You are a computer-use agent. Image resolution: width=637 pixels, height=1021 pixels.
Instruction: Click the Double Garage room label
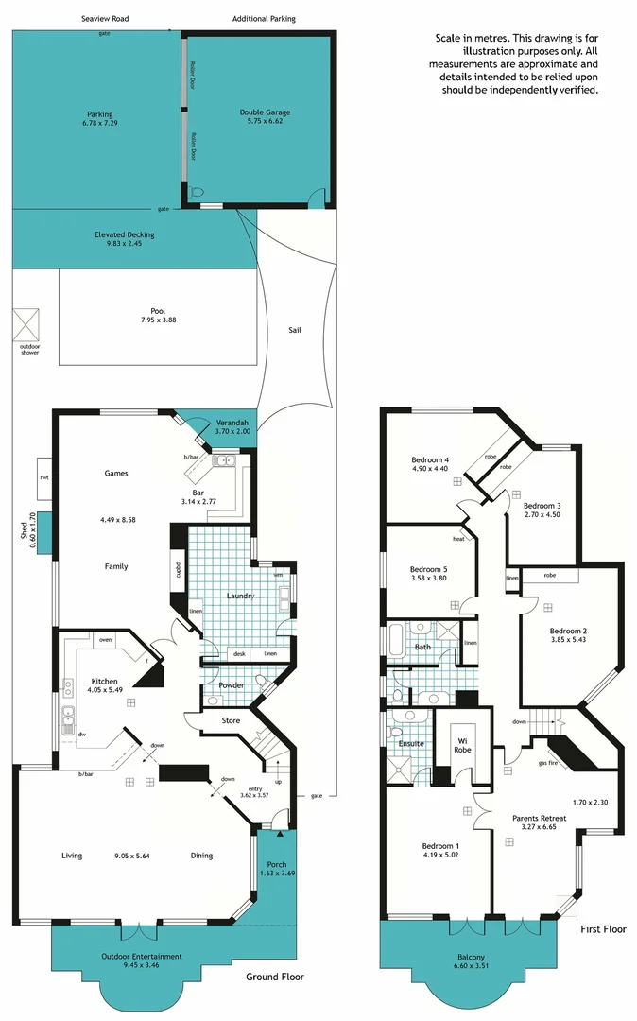coord(261,112)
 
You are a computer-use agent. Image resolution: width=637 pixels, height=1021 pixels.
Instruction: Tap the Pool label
coord(158,311)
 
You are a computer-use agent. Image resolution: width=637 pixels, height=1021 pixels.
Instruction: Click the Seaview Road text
coord(104,19)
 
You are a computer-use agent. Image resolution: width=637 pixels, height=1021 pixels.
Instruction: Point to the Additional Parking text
coord(264,19)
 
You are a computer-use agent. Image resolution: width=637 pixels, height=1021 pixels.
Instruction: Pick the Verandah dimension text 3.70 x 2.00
coord(232,431)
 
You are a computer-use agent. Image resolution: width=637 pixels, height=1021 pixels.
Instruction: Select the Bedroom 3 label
coord(542,506)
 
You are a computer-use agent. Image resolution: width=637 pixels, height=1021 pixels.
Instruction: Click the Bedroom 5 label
coord(428,569)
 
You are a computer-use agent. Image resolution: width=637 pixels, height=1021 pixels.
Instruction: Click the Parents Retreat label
coord(540,818)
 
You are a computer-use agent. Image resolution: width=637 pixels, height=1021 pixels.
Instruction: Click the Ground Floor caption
coord(275,978)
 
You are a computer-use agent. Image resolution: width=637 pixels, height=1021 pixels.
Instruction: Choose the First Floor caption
coord(604,929)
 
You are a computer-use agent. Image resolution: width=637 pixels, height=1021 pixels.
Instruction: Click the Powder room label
coord(232,685)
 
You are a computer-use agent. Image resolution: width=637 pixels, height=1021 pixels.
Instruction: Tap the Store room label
coord(231,721)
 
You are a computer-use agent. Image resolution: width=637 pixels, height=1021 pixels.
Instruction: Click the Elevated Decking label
coord(125,234)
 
